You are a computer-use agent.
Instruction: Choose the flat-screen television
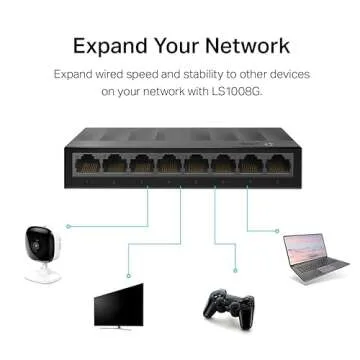tap(118, 304)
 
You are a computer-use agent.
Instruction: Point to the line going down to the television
tap(148, 225)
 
